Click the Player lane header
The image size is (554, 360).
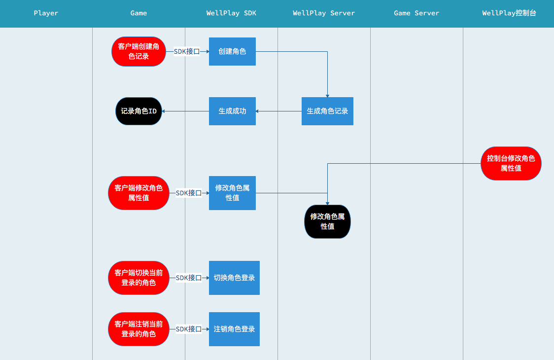tap(46, 13)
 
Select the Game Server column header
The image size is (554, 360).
tap(416, 13)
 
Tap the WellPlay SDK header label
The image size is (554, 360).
tap(231, 13)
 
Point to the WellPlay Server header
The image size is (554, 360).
tap(324, 13)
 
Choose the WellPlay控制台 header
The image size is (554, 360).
tap(509, 13)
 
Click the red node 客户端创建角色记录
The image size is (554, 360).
tap(138, 51)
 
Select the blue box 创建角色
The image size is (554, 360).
tap(232, 51)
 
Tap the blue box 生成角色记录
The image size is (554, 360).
tap(327, 111)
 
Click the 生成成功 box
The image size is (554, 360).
tap(232, 111)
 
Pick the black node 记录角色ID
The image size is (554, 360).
tap(138, 111)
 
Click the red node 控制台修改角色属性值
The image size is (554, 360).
tap(511, 163)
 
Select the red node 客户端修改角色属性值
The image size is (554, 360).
tap(138, 193)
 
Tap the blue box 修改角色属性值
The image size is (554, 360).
tap(232, 193)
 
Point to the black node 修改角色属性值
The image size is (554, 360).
tap(327, 221)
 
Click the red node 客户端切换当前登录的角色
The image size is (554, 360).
tap(138, 278)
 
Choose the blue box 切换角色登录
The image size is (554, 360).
tap(234, 278)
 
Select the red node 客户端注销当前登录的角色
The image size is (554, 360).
tap(138, 329)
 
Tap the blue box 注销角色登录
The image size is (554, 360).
tap(234, 329)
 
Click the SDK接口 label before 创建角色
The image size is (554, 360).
tap(187, 51)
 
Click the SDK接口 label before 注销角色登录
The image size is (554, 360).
tap(189, 329)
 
